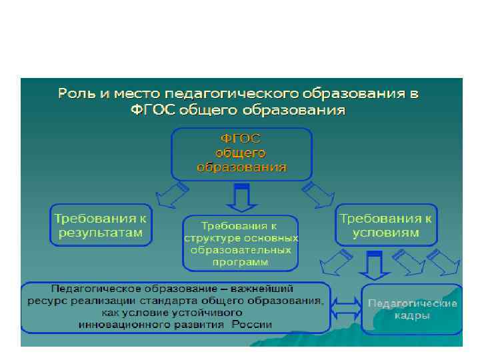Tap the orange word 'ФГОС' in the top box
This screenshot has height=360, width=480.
pos(241,139)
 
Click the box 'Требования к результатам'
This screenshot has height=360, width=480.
pos(101,225)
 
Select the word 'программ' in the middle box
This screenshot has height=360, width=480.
pos(241,263)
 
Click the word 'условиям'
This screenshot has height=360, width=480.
pos(387,233)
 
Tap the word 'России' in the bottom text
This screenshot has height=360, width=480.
pos(252,325)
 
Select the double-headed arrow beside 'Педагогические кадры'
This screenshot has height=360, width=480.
pos(346,308)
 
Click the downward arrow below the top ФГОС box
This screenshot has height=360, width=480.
pos(241,195)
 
